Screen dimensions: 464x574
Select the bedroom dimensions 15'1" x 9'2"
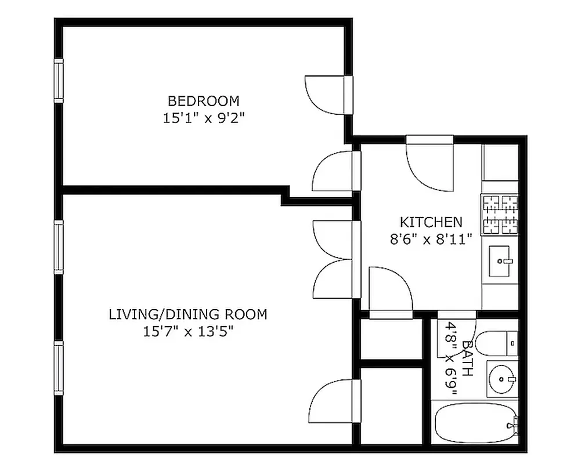tap(203, 118)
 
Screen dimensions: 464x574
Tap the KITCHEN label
tap(431, 222)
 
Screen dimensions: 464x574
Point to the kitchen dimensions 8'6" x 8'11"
tap(431, 239)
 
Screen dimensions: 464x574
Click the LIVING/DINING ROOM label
tap(188, 314)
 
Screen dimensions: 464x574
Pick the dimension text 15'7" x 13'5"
tap(188, 332)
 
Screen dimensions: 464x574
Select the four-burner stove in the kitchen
tap(499, 215)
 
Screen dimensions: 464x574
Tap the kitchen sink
tap(500, 262)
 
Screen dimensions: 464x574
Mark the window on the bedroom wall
tap(58, 81)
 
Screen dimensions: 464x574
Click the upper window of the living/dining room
tap(58, 246)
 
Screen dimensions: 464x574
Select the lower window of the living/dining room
tap(58, 367)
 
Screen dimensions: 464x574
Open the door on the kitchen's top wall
tap(430, 164)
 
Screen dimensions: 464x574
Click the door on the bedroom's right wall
tap(330, 95)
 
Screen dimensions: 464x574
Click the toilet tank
tap(511, 343)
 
